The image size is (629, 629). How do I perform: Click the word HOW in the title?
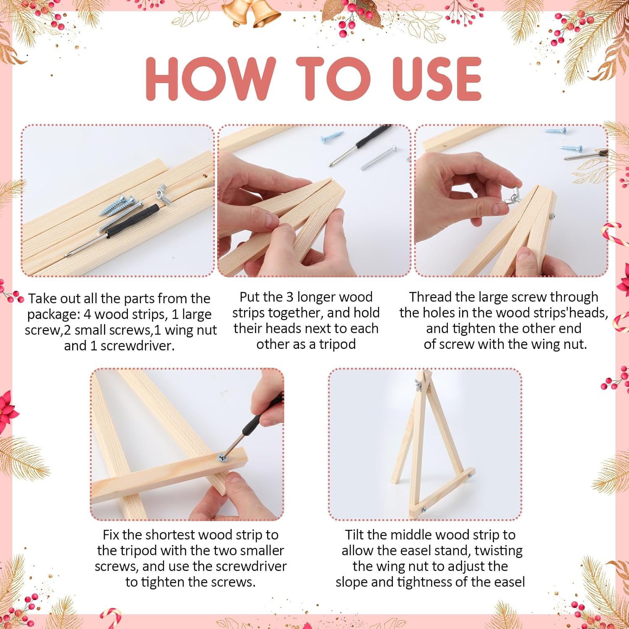(211, 78)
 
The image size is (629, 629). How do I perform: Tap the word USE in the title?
(437, 78)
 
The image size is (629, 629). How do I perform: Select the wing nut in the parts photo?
(163, 195)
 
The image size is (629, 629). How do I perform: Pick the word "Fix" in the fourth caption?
(111, 535)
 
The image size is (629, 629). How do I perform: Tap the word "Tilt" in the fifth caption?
(355, 535)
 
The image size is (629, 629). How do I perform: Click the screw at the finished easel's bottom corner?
(424, 510)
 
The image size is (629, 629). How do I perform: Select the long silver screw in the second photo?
(379, 157)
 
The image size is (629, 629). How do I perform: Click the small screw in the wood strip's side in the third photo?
(553, 216)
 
